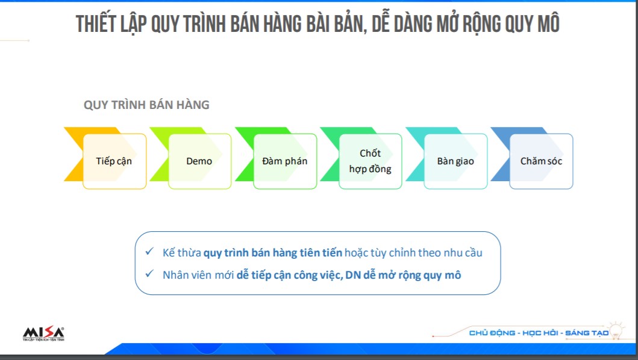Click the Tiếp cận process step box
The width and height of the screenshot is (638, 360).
pyautogui.click(x=114, y=161)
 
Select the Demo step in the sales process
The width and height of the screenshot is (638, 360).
pyautogui.click(x=200, y=161)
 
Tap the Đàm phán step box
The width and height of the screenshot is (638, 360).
pyautogui.click(x=285, y=161)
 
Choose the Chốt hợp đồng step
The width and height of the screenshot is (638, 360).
pyautogui.click(x=371, y=161)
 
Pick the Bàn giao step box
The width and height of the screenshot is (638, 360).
pyautogui.click(x=455, y=161)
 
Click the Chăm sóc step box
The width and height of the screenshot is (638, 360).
pyautogui.click(x=541, y=161)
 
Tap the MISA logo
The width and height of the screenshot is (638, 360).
pyautogui.click(x=43, y=334)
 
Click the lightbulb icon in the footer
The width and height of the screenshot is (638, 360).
pyautogui.click(x=616, y=330)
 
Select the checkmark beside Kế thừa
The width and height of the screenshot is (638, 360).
pyautogui.click(x=149, y=252)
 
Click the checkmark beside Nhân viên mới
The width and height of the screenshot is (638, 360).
pyautogui.click(x=149, y=274)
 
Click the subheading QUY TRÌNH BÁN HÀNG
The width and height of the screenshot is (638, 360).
pyautogui.click(x=146, y=105)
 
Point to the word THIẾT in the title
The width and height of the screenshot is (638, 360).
pyautogui.click(x=96, y=23)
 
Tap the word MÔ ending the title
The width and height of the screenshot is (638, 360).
pyautogui.click(x=548, y=23)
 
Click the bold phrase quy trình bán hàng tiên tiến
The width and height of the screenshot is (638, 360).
pyautogui.click(x=273, y=253)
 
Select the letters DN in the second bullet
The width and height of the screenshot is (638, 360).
pyautogui.click(x=353, y=275)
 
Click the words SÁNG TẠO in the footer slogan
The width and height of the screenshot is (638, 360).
pyautogui.click(x=587, y=333)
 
